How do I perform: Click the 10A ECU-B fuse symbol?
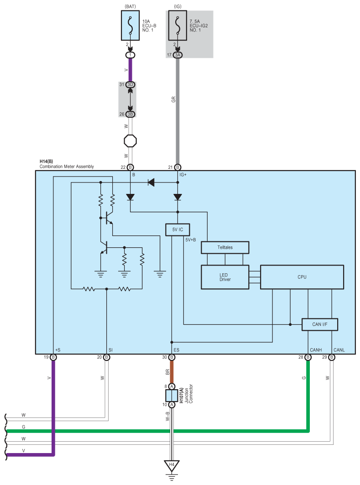coord(130,25)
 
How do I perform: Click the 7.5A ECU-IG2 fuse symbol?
coord(177,25)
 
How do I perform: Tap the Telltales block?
coord(225,247)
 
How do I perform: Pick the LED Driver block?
coord(225,277)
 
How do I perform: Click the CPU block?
coord(302,277)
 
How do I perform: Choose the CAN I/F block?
coord(320,324)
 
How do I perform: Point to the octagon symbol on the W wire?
coord(130,141)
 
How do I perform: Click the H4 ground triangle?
coord(172,466)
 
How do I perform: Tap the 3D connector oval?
coord(130,85)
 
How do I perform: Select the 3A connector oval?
coord(177,55)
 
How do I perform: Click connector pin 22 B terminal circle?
coord(130,167)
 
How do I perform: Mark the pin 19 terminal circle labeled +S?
coord(53,357)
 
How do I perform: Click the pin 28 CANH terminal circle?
coord(308,357)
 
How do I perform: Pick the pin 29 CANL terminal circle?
coord(332,357)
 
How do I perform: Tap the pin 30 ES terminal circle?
coord(172,357)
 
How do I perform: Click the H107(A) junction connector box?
coord(172,395)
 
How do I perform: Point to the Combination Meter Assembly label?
coord(67,167)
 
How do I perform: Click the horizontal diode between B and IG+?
coord(151,182)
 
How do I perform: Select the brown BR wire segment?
coord(172,372)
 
